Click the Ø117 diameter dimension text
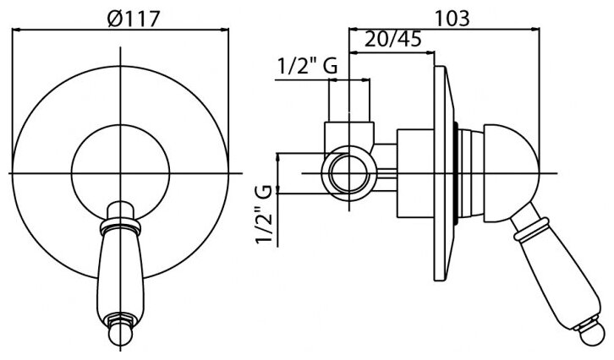coord(134,19)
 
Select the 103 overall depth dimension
coord(452,18)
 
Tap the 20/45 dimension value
coord(392,39)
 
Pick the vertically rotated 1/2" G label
coord(264,215)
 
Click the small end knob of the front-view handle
coord(120,334)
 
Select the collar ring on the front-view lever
coord(120,226)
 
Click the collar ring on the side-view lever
coord(531,229)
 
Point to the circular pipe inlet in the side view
coord(349,173)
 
